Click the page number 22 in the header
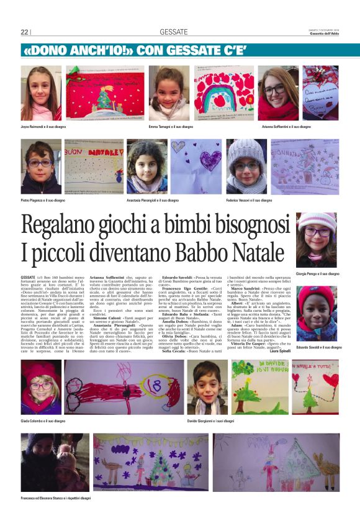click(x=25, y=32)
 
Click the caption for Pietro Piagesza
click(x=42, y=201)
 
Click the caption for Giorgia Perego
click(x=317, y=274)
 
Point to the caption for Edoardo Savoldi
click(x=319, y=347)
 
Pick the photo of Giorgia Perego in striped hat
click(x=317, y=240)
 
